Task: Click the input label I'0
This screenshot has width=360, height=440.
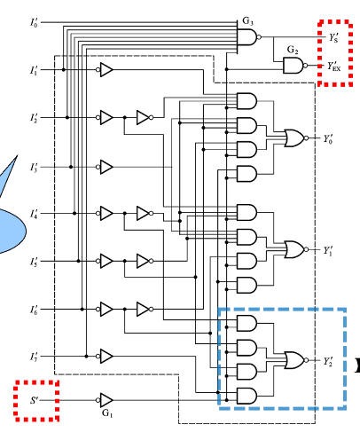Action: click(33, 20)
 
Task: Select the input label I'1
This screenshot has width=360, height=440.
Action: click(33, 69)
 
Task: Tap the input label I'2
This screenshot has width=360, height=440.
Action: click(33, 117)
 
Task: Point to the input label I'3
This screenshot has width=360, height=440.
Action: click(33, 166)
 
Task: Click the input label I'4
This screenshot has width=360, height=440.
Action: click(33, 214)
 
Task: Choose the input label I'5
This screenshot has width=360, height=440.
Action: click(33, 262)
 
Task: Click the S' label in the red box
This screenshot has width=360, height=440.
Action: click(35, 400)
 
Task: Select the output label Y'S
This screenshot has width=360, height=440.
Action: click(333, 38)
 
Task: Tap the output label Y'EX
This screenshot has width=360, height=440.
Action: click(334, 67)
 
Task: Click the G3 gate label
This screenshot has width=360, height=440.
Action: click(247, 20)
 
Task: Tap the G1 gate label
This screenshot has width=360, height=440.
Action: click(106, 413)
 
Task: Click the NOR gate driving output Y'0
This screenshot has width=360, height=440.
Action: click(293, 137)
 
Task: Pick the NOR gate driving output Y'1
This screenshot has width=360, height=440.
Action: click(293, 248)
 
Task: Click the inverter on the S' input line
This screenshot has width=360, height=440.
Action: click(106, 400)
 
